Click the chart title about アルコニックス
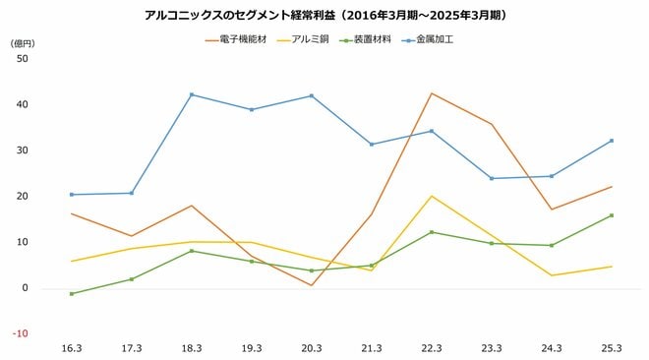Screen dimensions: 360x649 coord(325,16)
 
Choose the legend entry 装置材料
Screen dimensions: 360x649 coord(371,40)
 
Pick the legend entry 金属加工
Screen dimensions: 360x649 coord(433,40)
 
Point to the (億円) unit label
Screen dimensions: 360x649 coord(22,44)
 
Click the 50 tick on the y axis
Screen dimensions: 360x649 coord(23,59)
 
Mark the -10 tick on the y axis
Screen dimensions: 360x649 coord(21,333)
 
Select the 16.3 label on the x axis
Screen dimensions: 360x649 coord(72,348)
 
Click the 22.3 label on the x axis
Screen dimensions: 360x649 coord(432,348)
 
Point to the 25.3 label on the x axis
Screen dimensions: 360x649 coord(612,348)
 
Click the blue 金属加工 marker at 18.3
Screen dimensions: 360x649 coord(192,94)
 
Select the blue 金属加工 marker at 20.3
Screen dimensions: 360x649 coord(312,95)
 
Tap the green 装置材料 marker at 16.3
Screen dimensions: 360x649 coord(72,293)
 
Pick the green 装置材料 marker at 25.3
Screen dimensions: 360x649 coord(611,215)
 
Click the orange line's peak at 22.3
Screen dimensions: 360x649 coord(432,93)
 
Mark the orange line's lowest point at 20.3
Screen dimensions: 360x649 coord(312,285)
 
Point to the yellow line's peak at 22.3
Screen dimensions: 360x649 coord(432,196)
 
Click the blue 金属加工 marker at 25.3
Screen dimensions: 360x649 coord(611,141)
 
